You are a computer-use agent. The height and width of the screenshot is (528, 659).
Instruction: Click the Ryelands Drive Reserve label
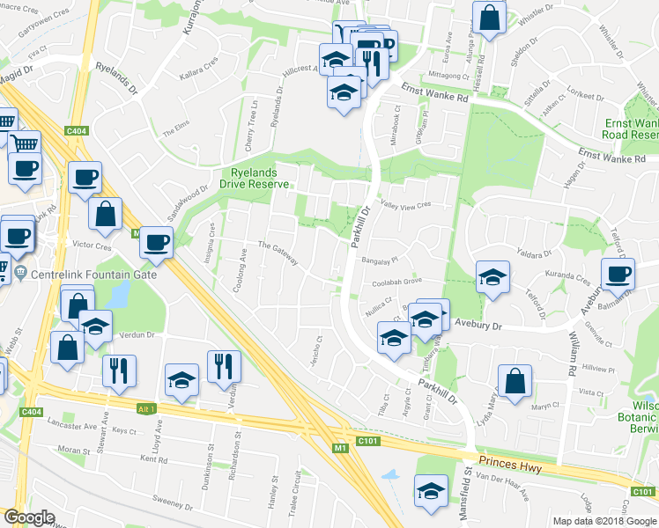pyautogui.click(x=260, y=179)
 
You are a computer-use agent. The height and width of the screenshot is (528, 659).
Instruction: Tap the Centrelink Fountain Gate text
pyautogui.click(x=93, y=275)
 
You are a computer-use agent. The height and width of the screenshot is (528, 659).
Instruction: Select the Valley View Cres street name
pyautogui.click(x=404, y=204)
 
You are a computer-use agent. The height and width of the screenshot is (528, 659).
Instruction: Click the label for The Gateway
pyautogui.click(x=278, y=253)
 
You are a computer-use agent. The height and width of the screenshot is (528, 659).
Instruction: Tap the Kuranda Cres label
pyautogui.click(x=567, y=277)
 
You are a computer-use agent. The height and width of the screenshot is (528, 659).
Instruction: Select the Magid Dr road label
pyautogui.click(x=15, y=78)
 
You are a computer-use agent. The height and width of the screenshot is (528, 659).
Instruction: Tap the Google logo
pyautogui.click(x=29, y=517)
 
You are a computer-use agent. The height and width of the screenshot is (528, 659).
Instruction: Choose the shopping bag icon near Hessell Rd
pyautogui.click(x=489, y=17)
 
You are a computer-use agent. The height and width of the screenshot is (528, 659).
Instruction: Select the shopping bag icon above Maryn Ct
pyautogui.click(x=515, y=380)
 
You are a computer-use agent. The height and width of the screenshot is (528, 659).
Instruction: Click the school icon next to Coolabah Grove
pyautogui.click(x=492, y=276)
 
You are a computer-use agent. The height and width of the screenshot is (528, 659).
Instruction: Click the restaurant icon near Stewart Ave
pyautogui.click(x=119, y=370)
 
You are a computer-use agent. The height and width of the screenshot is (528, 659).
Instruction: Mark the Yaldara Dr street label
pyautogui.click(x=536, y=251)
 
